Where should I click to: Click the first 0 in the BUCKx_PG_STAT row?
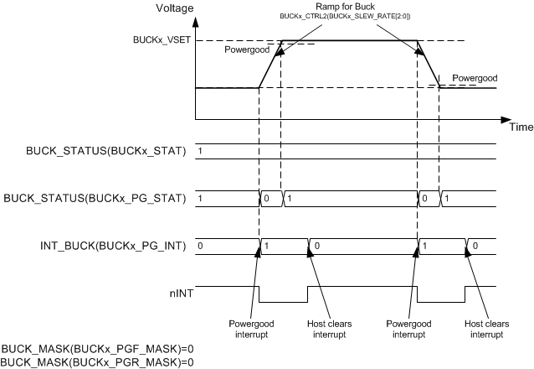(x=266, y=199)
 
